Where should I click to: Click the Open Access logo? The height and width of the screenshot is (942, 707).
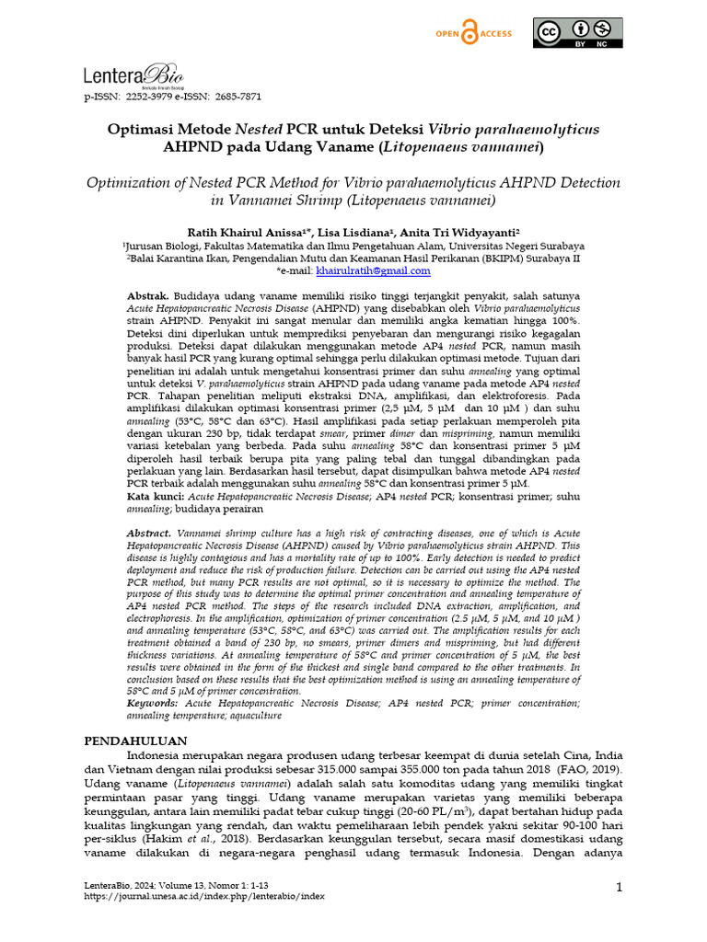coord(473,34)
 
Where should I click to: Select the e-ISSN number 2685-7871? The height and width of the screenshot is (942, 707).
coord(239,96)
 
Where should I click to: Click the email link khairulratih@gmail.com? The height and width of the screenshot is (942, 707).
coord(373,271)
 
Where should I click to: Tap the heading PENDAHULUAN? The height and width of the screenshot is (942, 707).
coord(136,741)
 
